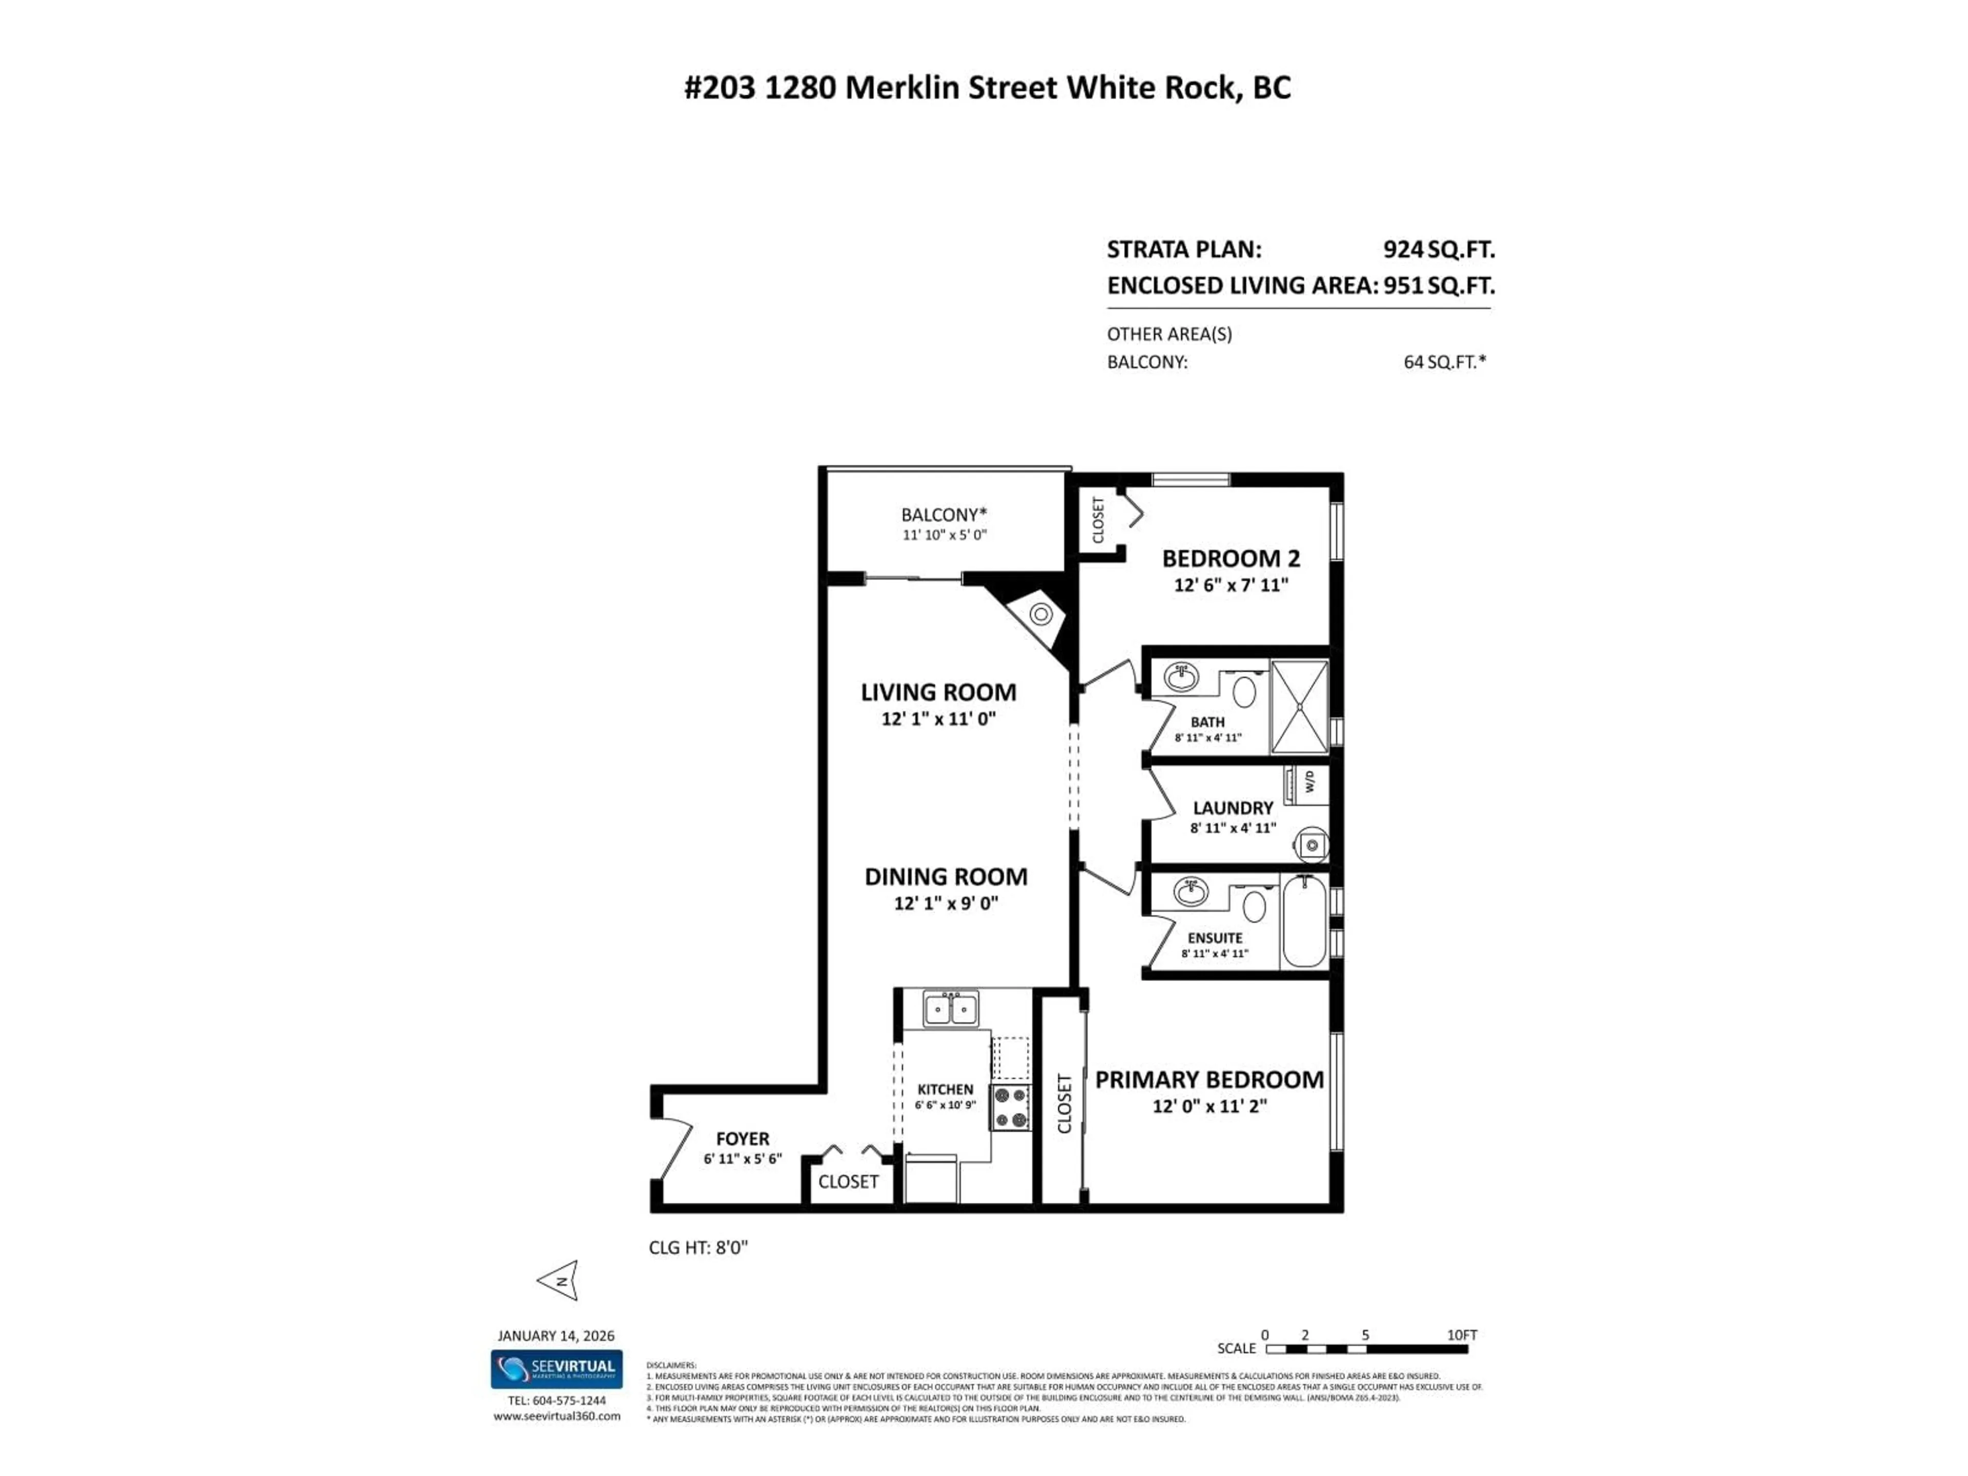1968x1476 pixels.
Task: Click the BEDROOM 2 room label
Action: [x=1231, y=559]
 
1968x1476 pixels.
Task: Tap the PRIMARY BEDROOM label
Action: [x=1208, y=1079]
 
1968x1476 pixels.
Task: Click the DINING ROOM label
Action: [x=946, y=876]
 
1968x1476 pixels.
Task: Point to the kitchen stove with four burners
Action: [x=1011, y=1108]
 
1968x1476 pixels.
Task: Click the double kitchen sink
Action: [x=950, y=1010]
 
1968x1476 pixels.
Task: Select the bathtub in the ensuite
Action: [x=1304, y=921]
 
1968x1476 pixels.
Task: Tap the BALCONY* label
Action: [x=944, y=514]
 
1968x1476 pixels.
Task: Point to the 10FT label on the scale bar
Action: [x=1462, y=1335]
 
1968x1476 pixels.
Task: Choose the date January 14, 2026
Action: [x=555, y=1336]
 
